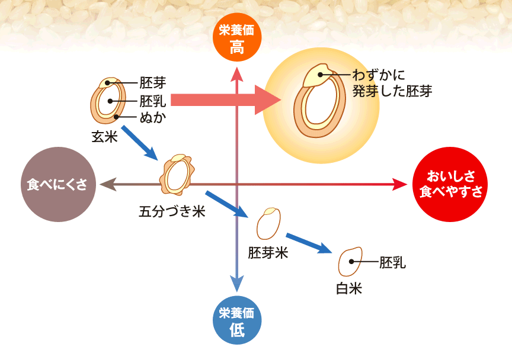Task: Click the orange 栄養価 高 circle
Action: coord(236,37)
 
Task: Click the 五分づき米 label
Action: coord(172,211)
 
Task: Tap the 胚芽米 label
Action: coord(268,253)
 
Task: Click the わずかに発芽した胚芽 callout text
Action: coord(391,83)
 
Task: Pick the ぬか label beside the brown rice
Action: coord(152,117)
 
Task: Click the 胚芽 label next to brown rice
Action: coord(153,83)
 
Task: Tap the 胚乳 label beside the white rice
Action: coord(392,262)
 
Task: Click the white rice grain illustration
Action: coord(350,262)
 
